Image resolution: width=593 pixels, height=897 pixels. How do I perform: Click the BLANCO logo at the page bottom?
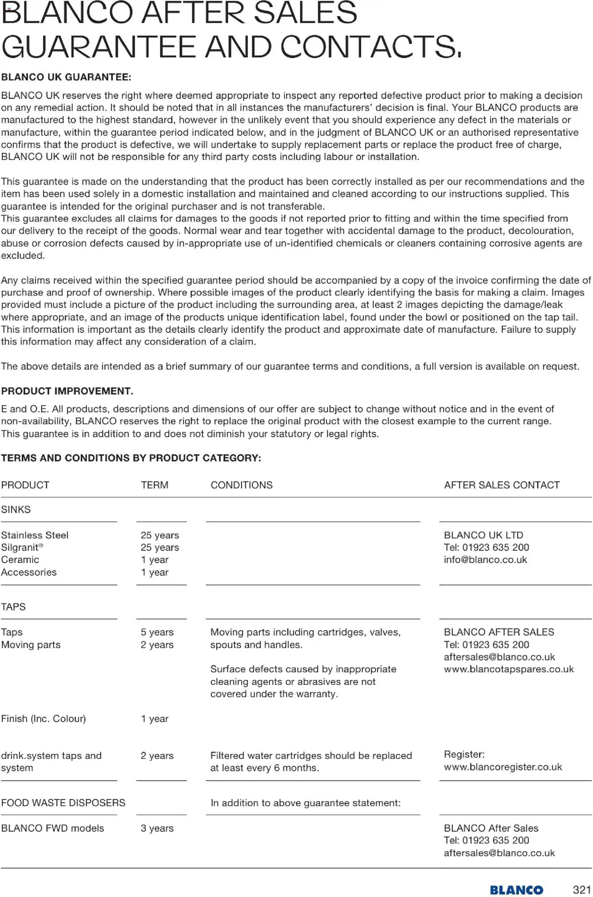[516, 890]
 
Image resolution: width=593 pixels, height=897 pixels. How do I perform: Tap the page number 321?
[582, 889]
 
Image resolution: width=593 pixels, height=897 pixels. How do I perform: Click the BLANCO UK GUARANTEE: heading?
[66, 77]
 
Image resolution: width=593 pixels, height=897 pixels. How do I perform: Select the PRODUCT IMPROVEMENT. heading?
[67, 391]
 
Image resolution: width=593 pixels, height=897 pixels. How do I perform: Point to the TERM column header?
[155, 485]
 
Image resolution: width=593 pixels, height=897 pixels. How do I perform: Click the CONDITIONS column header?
[241, 485]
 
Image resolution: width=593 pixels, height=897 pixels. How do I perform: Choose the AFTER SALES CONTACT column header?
[502, 485]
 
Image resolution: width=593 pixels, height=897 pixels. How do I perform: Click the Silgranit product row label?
[22, 547]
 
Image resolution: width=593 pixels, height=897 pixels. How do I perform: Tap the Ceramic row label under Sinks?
[20, 560]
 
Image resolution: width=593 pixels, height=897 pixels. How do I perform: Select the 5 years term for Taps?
[157, 632]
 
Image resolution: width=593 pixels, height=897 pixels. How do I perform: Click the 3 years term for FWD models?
[157, 828]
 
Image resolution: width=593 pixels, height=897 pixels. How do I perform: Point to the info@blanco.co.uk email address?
[485, 560]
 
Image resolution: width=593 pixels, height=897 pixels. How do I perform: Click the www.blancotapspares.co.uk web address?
[508, 669]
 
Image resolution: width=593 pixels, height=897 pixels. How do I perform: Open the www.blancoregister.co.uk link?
[503, 767]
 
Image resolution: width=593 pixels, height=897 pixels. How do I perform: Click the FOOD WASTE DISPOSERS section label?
[63, 803]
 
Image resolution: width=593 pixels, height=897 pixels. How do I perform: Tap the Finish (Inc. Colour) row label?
[43, 719]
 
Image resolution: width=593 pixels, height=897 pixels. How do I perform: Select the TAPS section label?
[13, 607]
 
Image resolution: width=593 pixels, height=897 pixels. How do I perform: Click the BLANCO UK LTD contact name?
[483, 535]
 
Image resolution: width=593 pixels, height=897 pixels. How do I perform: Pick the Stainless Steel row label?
[34, 535]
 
